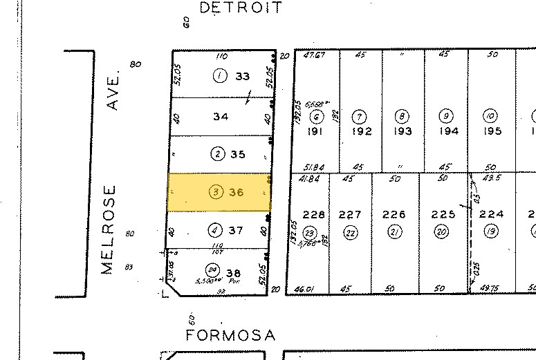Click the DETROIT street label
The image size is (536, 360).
pyautogui.click(x=241, y=8)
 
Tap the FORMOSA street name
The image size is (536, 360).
pyautogui.click(x=232, y=336)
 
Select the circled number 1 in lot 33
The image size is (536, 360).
pyautogui.click(x=220, y=77)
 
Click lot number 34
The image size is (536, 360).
pyautogui.click(x=221, y=117)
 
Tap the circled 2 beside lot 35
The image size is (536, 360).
pyautogui.click(x=218, y=154)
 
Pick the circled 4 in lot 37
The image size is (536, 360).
pyautogui.click(x=216, y=229)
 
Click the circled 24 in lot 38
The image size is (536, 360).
pyautogui.click(x=212, y=269)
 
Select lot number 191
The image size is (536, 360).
pyautogui.click(x=317, y=131)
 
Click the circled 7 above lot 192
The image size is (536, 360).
pyautogui.click(x=360, y=115)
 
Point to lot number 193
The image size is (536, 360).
pyautogui.click(x=403, y=131)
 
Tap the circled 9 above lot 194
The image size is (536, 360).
pyautogui.click(x=447, y=115)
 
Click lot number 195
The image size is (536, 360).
pyautogui.click(x=492, y=131)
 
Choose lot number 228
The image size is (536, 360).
pyautogui.click(x=313, y=215)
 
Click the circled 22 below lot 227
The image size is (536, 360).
pyautogui.click(x=351, y=233)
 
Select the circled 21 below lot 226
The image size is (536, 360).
pyautogui.click(x=395, y=232)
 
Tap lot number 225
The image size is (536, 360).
pyautogui.click(x=441, y=215)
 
